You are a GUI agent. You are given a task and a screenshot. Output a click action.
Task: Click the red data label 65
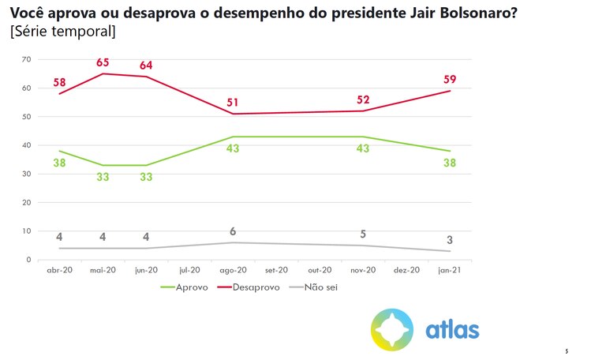coord(103,61)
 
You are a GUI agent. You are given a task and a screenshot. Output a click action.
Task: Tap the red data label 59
coord(451,79)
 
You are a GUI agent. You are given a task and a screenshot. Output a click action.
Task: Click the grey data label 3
coord(451,239)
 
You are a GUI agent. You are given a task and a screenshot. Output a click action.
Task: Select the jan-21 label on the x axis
coord(451,270)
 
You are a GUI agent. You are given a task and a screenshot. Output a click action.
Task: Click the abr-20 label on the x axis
coord(59,270)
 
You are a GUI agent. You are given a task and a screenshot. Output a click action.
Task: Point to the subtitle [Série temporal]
coord(63,32)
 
